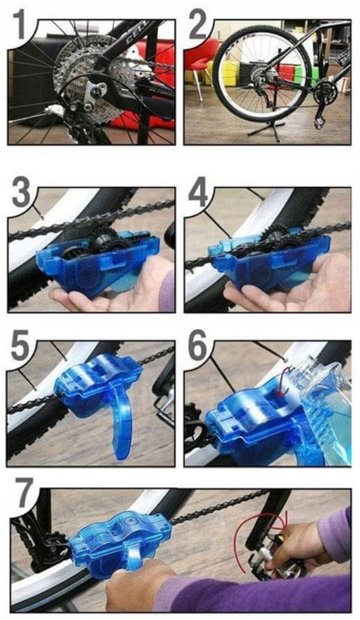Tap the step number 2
(197, 25)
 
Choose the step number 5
(20, 345)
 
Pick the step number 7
(24, 493)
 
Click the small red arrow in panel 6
(282, 382)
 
